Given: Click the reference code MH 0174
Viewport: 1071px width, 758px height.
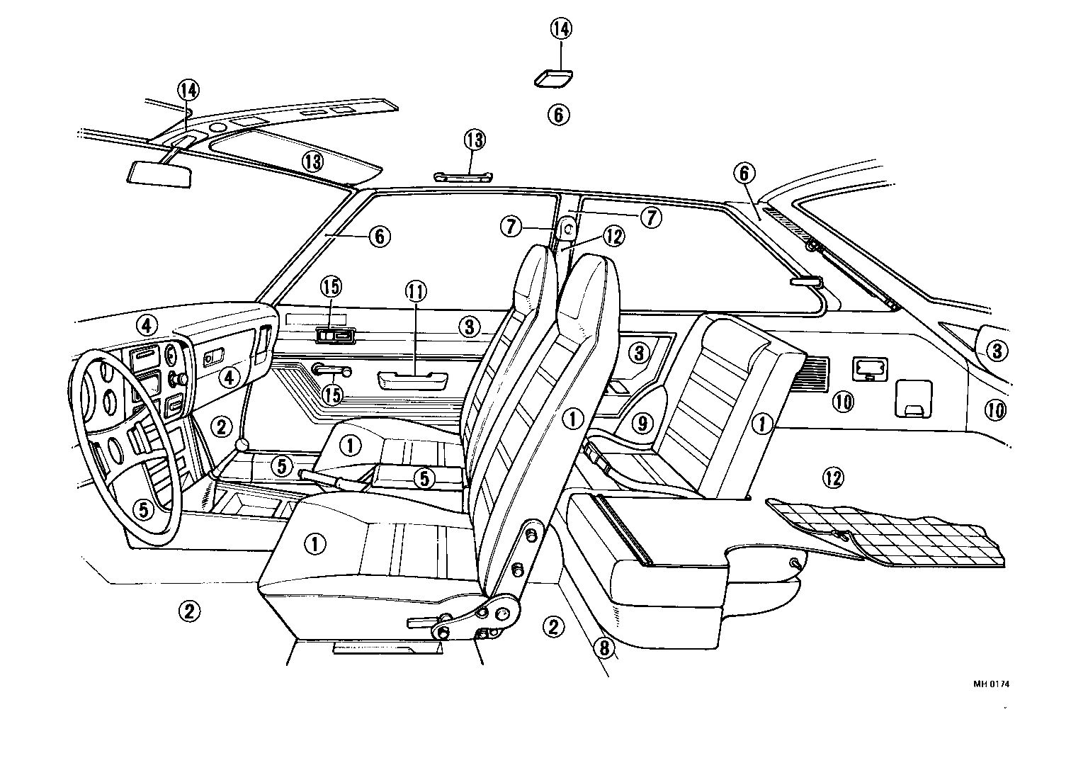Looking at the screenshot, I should pos(991,684).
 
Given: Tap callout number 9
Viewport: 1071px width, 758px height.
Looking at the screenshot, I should pos(641,424).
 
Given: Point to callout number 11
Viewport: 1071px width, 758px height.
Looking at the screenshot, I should pos(414,290).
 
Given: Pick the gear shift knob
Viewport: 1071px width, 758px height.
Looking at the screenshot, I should pos(244,445).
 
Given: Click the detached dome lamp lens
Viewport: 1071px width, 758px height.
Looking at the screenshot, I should pos(553,78).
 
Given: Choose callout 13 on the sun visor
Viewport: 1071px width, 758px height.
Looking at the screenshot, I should pos(312,161).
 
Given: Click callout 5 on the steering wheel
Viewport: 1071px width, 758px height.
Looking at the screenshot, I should pos(143,509).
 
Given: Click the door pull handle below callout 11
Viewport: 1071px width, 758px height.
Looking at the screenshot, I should pos(412,381).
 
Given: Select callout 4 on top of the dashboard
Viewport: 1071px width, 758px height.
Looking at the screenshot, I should pos(146,325).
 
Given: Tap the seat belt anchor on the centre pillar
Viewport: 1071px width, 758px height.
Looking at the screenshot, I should pos(567,229).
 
